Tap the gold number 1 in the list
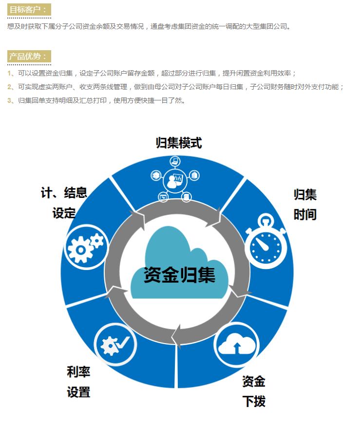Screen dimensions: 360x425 [9, 73]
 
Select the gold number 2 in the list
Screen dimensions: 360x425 [9, 87]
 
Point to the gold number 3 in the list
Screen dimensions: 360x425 [9, 100]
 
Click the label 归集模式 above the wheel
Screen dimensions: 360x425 [179, 143]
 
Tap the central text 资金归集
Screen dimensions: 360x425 [179, 275]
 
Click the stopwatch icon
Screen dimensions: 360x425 [265, 241]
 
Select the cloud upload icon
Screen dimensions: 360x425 [236, 345]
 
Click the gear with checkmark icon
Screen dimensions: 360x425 [115, 344]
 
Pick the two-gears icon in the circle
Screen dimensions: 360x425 [86, 247]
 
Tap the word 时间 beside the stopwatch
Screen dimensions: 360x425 [305, 214]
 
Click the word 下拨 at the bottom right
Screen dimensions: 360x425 [254, 402]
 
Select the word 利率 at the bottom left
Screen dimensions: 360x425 [78, 371]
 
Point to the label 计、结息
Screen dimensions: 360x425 [64, 193]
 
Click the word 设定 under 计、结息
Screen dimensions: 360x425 [64, 213]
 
